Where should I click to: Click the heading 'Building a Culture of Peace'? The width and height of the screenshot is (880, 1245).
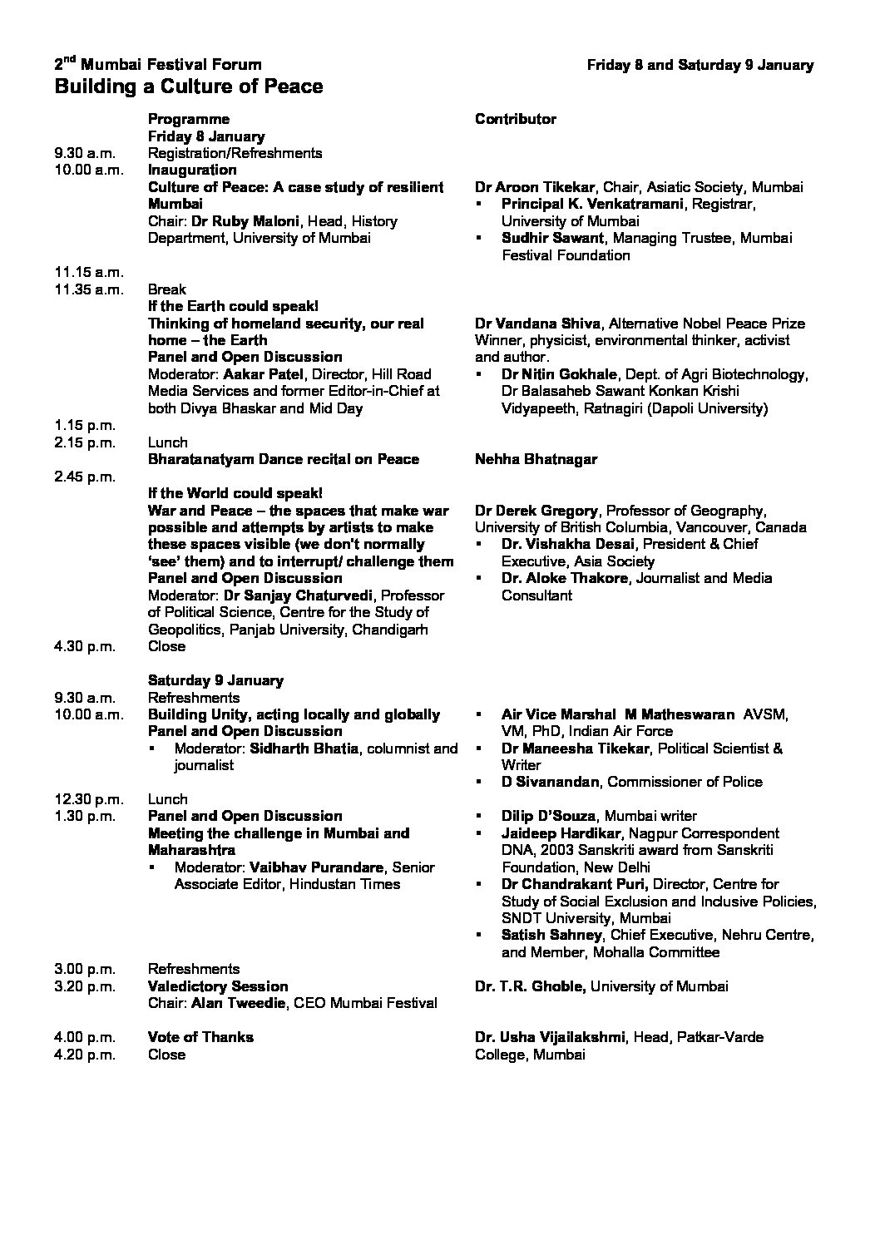click(189, 86)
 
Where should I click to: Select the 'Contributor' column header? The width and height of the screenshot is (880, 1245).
click(516, 119)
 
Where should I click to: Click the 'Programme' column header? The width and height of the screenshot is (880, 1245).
click(189, 119)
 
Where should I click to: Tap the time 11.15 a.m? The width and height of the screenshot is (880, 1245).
click(89, 272)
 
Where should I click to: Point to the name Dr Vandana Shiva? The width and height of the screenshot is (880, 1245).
click(536, 324)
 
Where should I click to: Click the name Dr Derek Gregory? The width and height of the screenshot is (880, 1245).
click(536, 511)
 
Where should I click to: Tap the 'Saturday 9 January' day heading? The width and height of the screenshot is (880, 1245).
click(215, 680)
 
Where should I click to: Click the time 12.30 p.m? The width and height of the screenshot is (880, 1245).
click(89, 799)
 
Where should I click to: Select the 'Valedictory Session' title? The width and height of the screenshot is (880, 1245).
click(218, 986)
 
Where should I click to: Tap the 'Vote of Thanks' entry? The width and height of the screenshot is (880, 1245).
click(200, 1037)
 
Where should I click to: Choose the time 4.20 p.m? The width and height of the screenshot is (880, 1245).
click(87, 1055)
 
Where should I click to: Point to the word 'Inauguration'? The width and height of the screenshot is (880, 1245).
click(192, 170)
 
